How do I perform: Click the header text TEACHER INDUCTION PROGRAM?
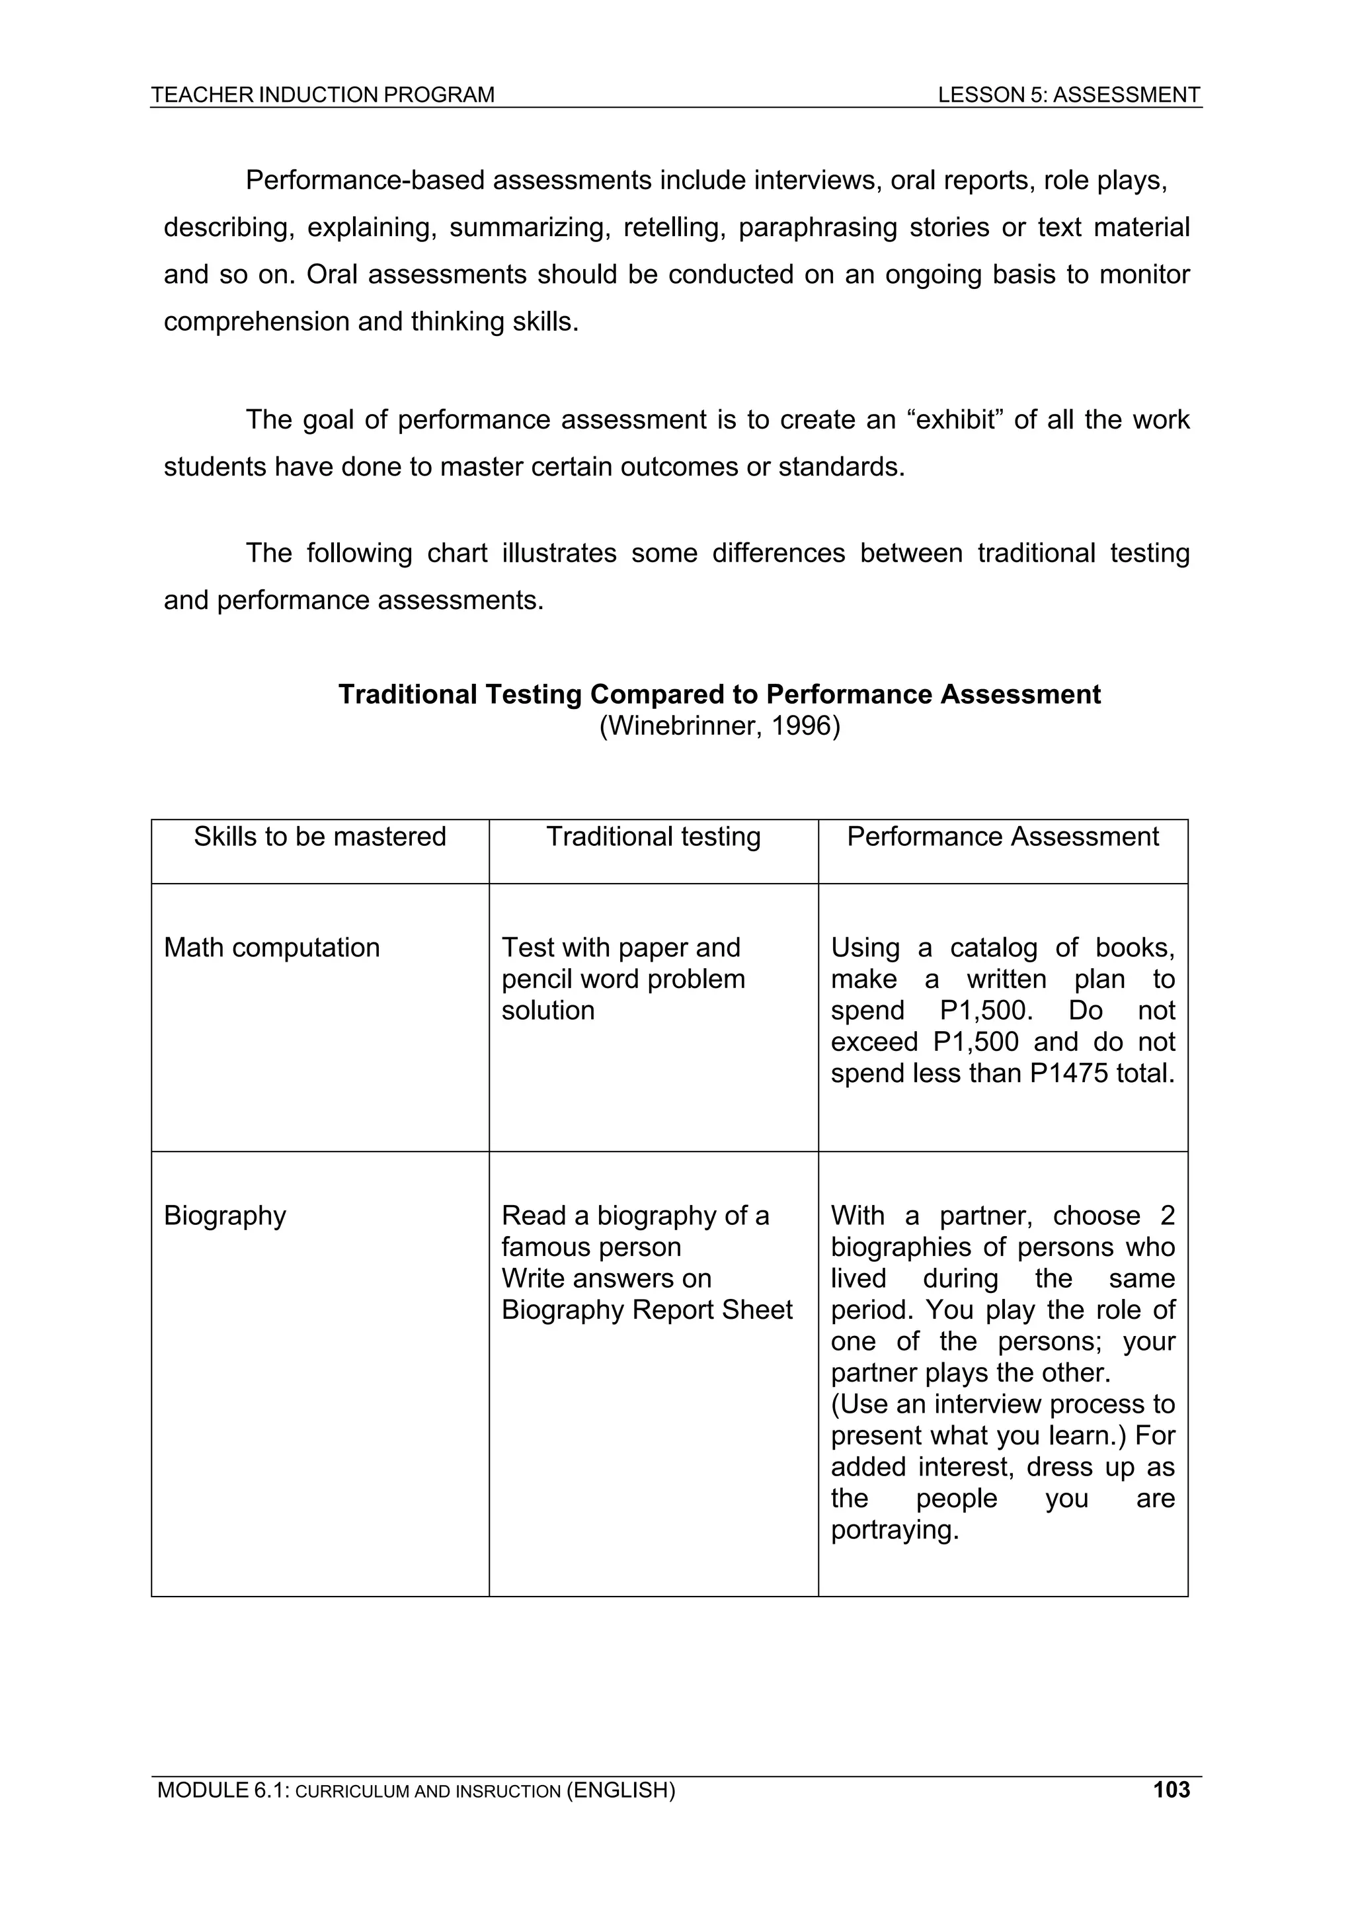322,95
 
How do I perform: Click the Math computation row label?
271,947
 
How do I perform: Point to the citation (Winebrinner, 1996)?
719,726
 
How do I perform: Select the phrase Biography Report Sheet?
646,1310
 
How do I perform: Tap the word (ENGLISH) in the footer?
620,1790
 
